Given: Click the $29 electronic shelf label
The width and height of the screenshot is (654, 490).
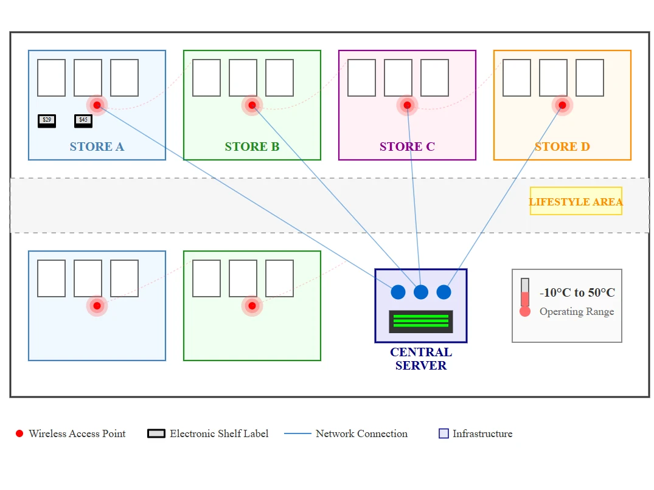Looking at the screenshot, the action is (47, 121).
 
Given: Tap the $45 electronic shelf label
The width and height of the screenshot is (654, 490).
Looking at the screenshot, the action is (83, 121).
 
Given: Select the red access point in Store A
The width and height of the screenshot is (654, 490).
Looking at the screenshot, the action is (97, 105).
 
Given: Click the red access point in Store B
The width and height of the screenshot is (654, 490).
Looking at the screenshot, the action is (252, 105).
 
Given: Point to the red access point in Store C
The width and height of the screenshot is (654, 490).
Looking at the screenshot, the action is (407, 105).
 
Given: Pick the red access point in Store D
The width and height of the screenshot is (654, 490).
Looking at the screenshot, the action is (562, 105).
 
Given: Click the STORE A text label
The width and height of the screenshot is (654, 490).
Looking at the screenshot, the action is (97, 147).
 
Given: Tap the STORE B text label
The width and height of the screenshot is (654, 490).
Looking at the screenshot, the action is (252, 147).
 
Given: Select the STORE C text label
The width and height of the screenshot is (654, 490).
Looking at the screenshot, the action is (407, 147).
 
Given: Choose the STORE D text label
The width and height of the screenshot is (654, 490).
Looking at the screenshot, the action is (562, 147).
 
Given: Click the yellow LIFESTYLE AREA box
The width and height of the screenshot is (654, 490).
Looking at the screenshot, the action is (576, 201).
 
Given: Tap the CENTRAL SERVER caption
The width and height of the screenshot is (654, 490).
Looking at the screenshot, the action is (421, 359).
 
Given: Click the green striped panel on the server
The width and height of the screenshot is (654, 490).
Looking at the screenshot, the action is (421, 321).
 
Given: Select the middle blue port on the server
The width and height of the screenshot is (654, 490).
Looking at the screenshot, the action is (421, 292).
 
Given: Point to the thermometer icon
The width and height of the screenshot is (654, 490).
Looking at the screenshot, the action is (525, 297).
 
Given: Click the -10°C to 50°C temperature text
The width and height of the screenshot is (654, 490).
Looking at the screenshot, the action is (577, 292).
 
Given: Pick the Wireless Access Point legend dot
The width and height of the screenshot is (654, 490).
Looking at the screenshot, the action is (19, 433).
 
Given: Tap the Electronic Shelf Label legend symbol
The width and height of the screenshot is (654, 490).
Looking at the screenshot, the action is (156, 433).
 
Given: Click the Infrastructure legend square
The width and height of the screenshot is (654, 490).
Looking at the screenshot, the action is (444, 433).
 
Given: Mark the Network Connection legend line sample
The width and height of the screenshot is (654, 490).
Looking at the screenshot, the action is (298, 433).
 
